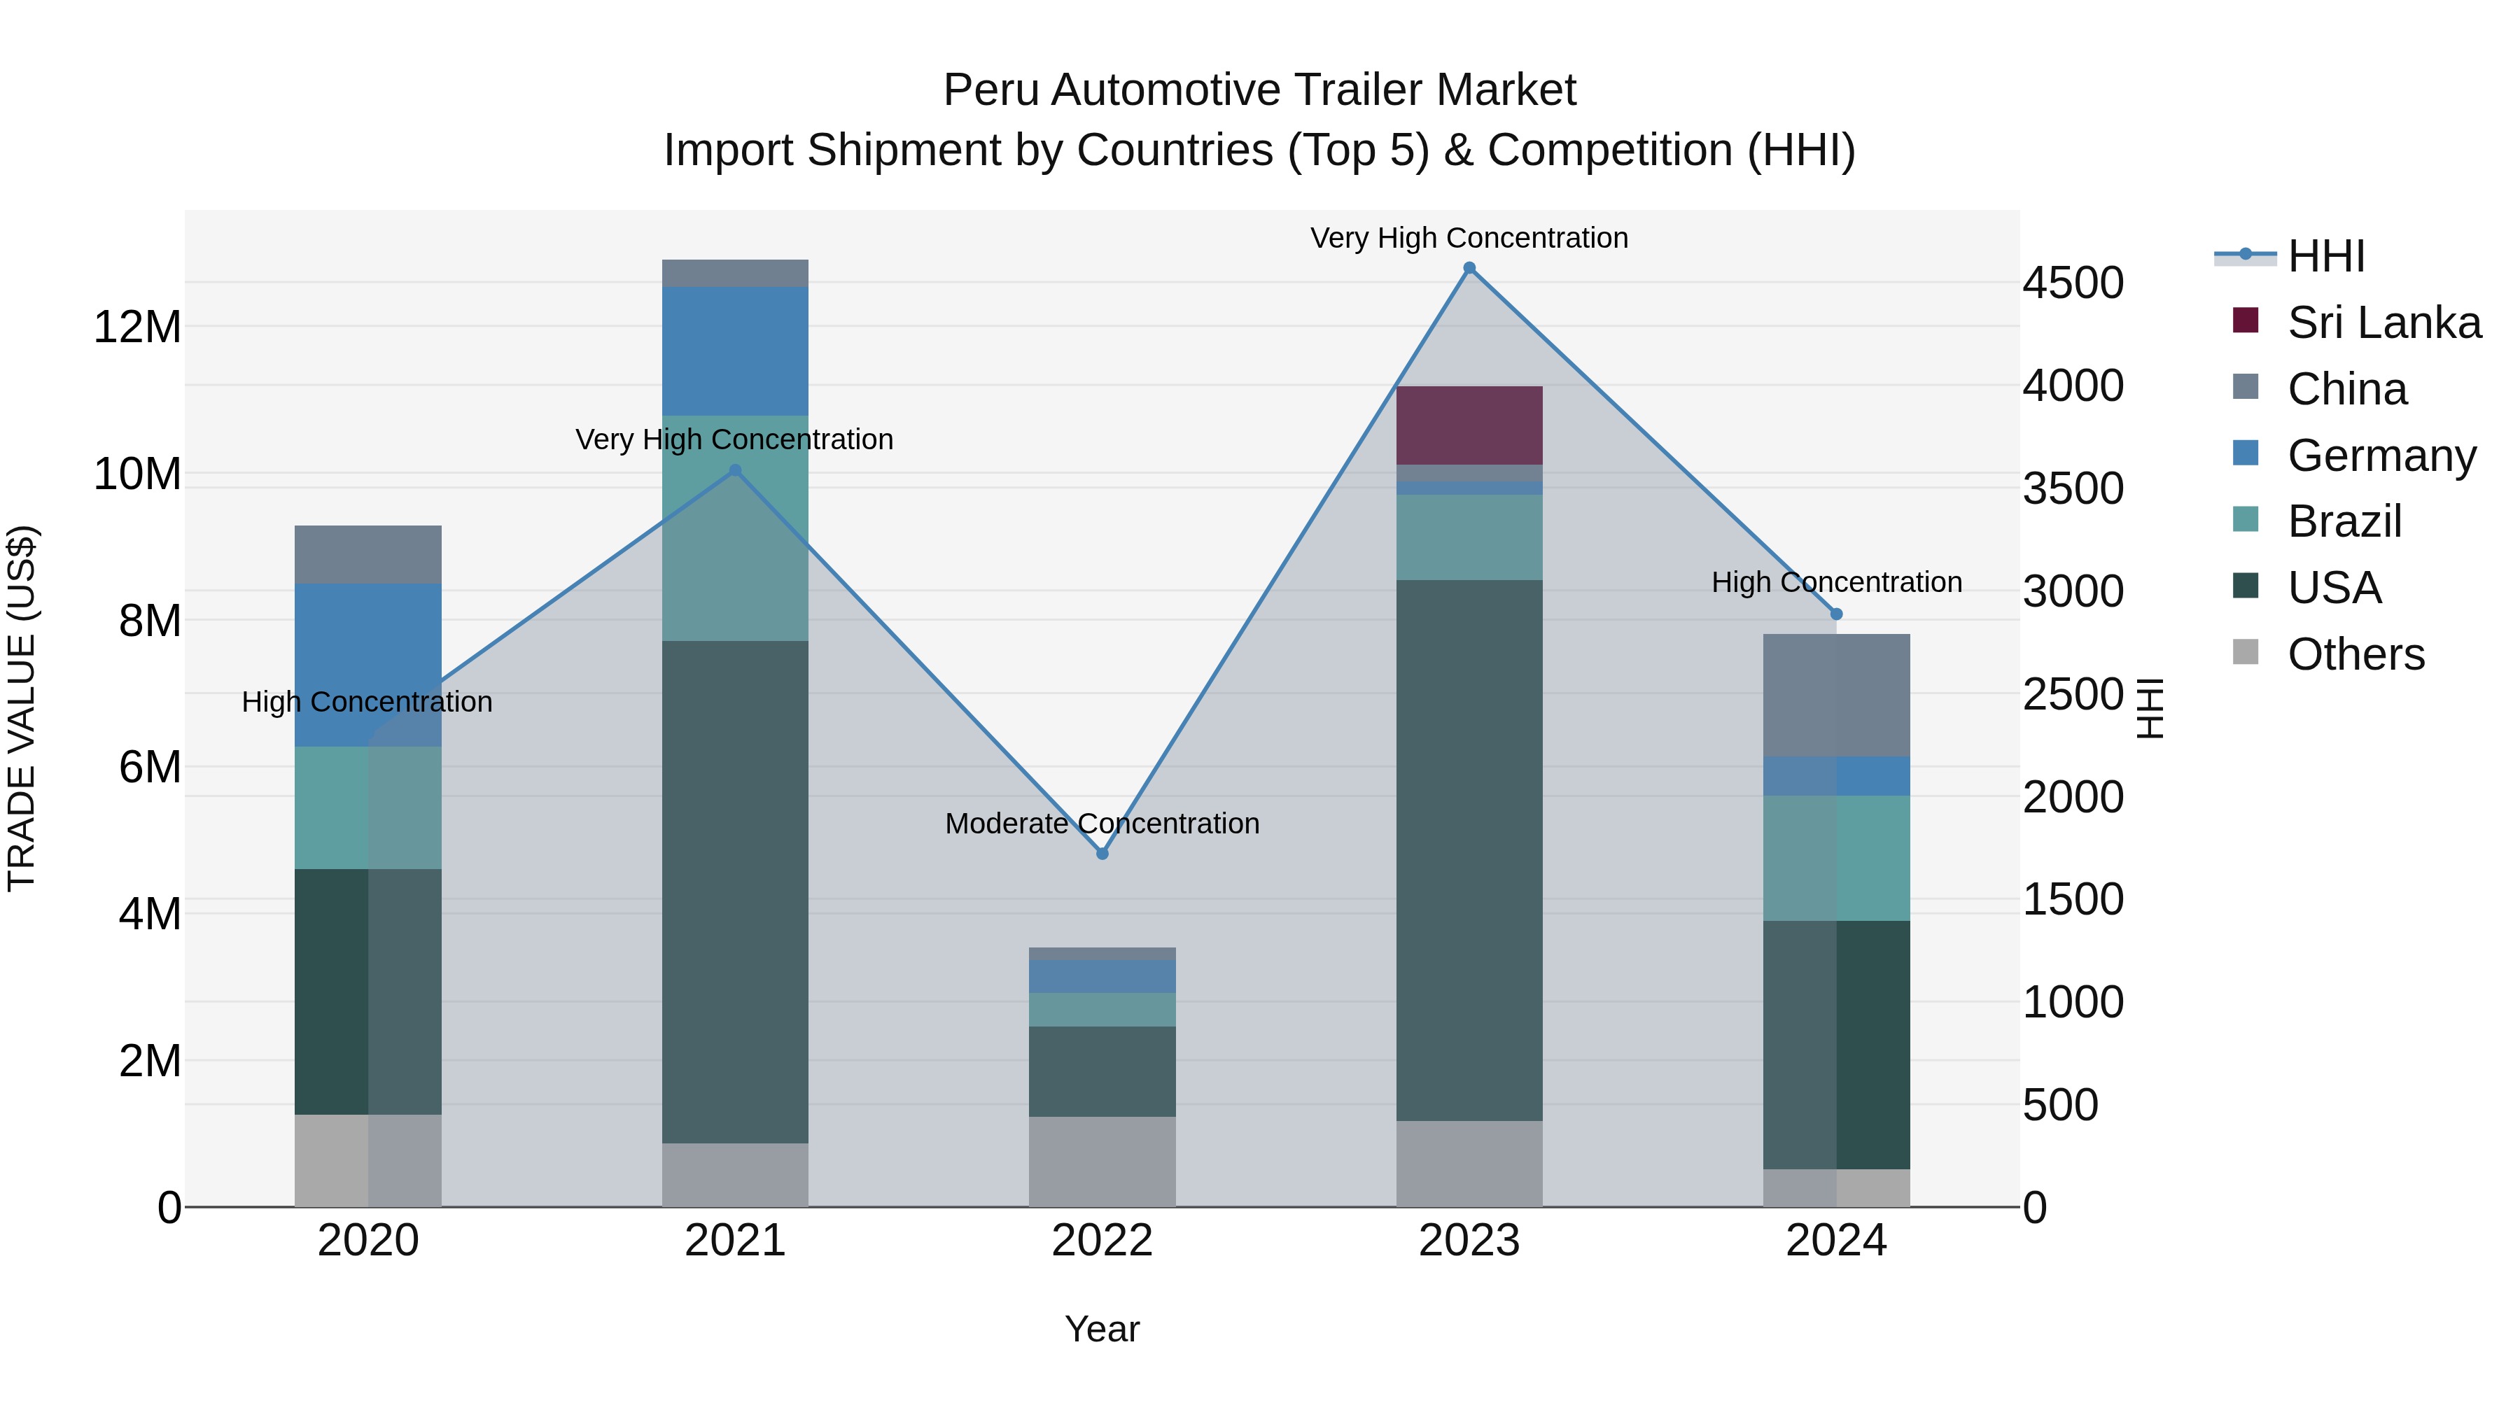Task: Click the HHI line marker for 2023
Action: click(1469, 268)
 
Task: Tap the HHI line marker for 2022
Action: click(1102, 854)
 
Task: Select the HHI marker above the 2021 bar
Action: click(736, 470)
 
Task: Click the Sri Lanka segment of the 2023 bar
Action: click(1469, 425)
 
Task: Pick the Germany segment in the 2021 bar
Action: click(735, 351)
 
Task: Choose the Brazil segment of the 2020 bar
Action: click(367, 808)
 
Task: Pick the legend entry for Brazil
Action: click(2344, 521)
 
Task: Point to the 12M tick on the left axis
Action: click(137, 327)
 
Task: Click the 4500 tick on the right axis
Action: click(2073, 283)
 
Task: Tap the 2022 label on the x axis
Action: click(1102, 1241)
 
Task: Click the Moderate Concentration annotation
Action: click(1102, 824)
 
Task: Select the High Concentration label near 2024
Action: click(1835, 582)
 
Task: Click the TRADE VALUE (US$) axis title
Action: click(22, 708)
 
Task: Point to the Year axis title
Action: click(1102, 1329)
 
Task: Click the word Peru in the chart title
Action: click(990, 90)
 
